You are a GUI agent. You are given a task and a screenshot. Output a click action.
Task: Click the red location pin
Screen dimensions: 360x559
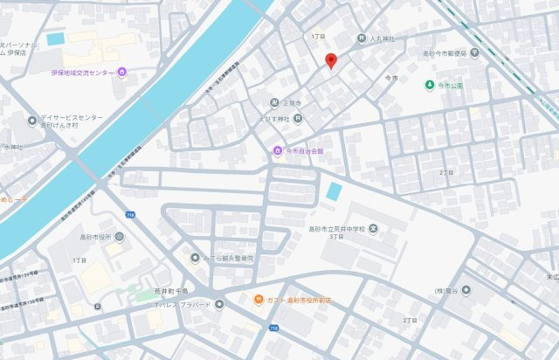coord(330,60)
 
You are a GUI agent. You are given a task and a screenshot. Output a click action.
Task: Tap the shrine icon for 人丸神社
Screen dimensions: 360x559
coord(362,38)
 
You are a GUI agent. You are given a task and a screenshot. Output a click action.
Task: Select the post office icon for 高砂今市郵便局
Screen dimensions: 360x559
coord(474,52)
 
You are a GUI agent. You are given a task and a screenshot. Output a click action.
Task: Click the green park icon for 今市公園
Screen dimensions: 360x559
coord(430,85)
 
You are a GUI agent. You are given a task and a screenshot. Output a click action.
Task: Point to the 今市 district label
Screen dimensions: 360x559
coord(391,79)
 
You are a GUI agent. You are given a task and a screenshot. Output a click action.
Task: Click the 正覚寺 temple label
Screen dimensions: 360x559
coord(290,102)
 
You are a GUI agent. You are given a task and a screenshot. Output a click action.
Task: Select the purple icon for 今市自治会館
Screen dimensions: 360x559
coord(279,150)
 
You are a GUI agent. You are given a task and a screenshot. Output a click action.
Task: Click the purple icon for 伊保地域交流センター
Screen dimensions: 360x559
coord(121,72)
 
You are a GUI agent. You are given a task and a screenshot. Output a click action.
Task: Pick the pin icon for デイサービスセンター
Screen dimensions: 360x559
coord(31,121)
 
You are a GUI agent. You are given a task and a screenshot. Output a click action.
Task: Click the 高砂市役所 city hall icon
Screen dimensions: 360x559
coord(119,237)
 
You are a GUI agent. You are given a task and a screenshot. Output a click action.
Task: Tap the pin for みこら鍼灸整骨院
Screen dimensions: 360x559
coord(195,258)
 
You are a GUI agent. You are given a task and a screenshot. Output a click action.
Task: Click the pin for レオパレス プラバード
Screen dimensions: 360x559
coord(219,305)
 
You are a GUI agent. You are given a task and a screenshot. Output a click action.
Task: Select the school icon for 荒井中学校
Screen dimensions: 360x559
coord(373,230)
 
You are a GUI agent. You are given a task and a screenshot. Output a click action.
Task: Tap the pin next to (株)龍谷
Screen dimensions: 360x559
coord(466,289)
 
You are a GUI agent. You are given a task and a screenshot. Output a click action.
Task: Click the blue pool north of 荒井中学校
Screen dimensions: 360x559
coord(334,190)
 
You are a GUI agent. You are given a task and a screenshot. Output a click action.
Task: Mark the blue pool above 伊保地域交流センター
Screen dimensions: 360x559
coord(56,38)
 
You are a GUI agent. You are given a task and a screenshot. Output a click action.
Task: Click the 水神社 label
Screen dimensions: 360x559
coord(11,147)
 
